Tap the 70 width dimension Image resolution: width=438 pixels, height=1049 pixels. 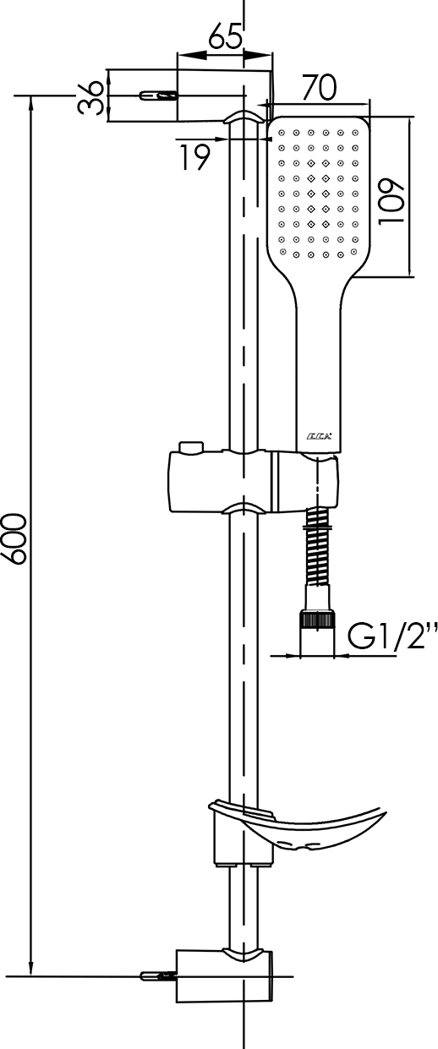tap(319, 87)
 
